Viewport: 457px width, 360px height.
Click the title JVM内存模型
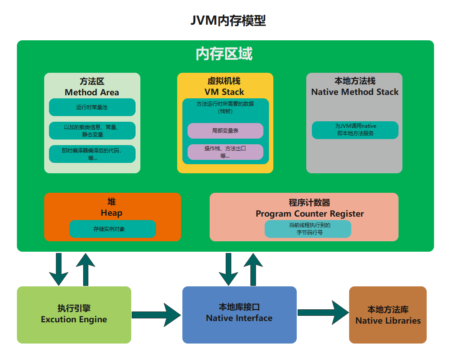(228, 20)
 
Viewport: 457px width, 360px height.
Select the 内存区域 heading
(224, 54)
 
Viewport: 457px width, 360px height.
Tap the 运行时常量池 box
(92, 107)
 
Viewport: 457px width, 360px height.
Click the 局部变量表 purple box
(225, 130)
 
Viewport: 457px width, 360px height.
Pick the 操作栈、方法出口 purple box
(225, 152)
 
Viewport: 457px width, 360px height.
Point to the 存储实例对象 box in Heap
(112, 229)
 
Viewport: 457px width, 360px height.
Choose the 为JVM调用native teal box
(355, 130)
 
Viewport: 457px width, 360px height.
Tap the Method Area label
(92, 92)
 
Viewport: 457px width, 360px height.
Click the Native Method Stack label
(355, 92)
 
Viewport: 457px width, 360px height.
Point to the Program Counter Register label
(309, 214)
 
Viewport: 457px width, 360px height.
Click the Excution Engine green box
(74, 315)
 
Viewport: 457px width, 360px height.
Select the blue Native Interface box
(239, 315)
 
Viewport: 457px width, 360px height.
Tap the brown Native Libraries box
(388, 315)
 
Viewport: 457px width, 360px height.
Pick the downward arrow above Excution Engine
(58, 269)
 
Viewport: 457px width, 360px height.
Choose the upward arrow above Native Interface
(253, 269)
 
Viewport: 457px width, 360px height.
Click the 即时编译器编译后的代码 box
(92, 154)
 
